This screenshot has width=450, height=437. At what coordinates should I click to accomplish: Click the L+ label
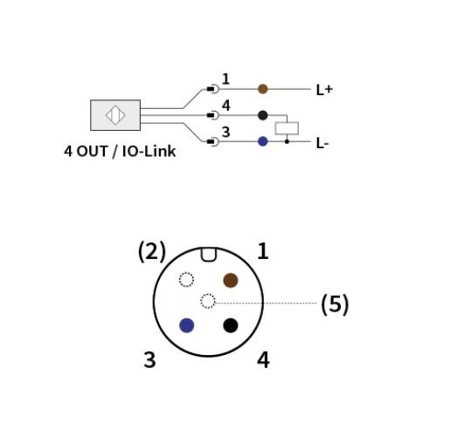pyautogui.click(x=324, y=90)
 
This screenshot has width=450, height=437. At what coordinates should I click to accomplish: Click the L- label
pyautogui.click(x=322, y=143)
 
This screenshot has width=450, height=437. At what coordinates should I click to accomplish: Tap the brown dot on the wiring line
pyautogui.click(x=263, y=89)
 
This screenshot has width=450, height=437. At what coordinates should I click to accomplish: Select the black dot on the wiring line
pyautogui.click(x=263, y=115)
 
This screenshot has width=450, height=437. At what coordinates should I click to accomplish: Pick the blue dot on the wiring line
pyautogui.click(x=263, y=141)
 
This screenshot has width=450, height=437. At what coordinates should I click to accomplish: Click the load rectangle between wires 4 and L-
pyautogui.click(x=287, y=128)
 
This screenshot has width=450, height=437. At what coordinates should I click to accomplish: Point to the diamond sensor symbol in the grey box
pyautogui.click(x=115, y=115)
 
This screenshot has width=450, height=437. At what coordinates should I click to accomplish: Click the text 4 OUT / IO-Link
pyautogui.click(x=120, y=151)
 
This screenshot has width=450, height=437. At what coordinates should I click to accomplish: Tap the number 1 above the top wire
pyautogui.click(x=225, y=79)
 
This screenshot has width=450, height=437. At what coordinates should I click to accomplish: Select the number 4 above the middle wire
pyautogui.click(x=226, y=106)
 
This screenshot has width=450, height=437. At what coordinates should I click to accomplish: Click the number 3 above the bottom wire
pyautogui.click(x=225, y=132)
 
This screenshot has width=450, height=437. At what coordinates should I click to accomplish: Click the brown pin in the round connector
pyautogui.click(x=231, y=280)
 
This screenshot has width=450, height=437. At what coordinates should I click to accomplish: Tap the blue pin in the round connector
pyautogui.click(x=187, y=325)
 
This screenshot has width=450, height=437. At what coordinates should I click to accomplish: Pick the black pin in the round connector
pyautogui.click(x=231, y=325)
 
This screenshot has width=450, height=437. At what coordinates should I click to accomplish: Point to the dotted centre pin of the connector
pyautogui.click(x=208, y=301)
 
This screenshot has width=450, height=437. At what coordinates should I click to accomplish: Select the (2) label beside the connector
pyautogui.click(x=152, y=251)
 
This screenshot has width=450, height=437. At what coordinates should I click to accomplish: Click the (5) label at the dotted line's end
pyautogui.click(x=335, y=304)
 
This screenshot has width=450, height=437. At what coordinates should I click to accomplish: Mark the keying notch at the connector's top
pyautogui.click(x=209, y=255)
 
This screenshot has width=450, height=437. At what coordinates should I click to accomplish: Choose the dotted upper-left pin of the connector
pyautogui.click(x=186, y=279)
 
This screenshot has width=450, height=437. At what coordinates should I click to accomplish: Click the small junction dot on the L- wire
pyautogui.click(x=287, y=141)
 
